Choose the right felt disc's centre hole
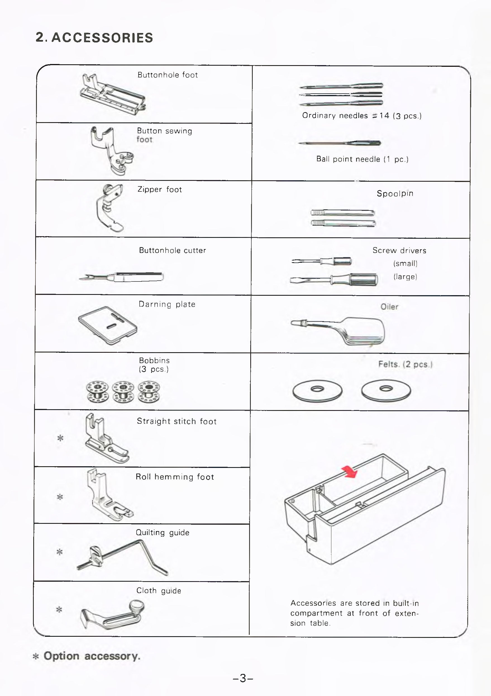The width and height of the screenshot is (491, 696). [386, 388]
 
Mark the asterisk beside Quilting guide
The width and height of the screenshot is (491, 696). [60, 552]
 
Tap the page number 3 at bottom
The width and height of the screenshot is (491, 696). [243, 678]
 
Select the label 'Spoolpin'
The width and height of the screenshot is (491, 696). [395, 193]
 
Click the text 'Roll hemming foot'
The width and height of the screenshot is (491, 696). [175, 477]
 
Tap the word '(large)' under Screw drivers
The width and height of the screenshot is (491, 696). [405, 276]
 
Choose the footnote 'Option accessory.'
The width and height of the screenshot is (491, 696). [92, 656]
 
